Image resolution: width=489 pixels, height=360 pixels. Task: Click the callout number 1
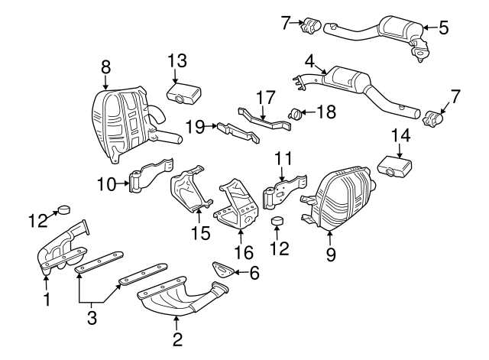coord(46,300)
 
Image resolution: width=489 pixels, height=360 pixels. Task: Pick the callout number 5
coord(444,29)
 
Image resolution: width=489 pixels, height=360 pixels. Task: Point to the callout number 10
coord(104,184)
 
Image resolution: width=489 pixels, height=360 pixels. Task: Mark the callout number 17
coord(264,97)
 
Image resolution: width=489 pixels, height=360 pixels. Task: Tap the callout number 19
coord(195,127)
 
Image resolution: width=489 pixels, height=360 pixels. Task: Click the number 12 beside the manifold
coord(37,220)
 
